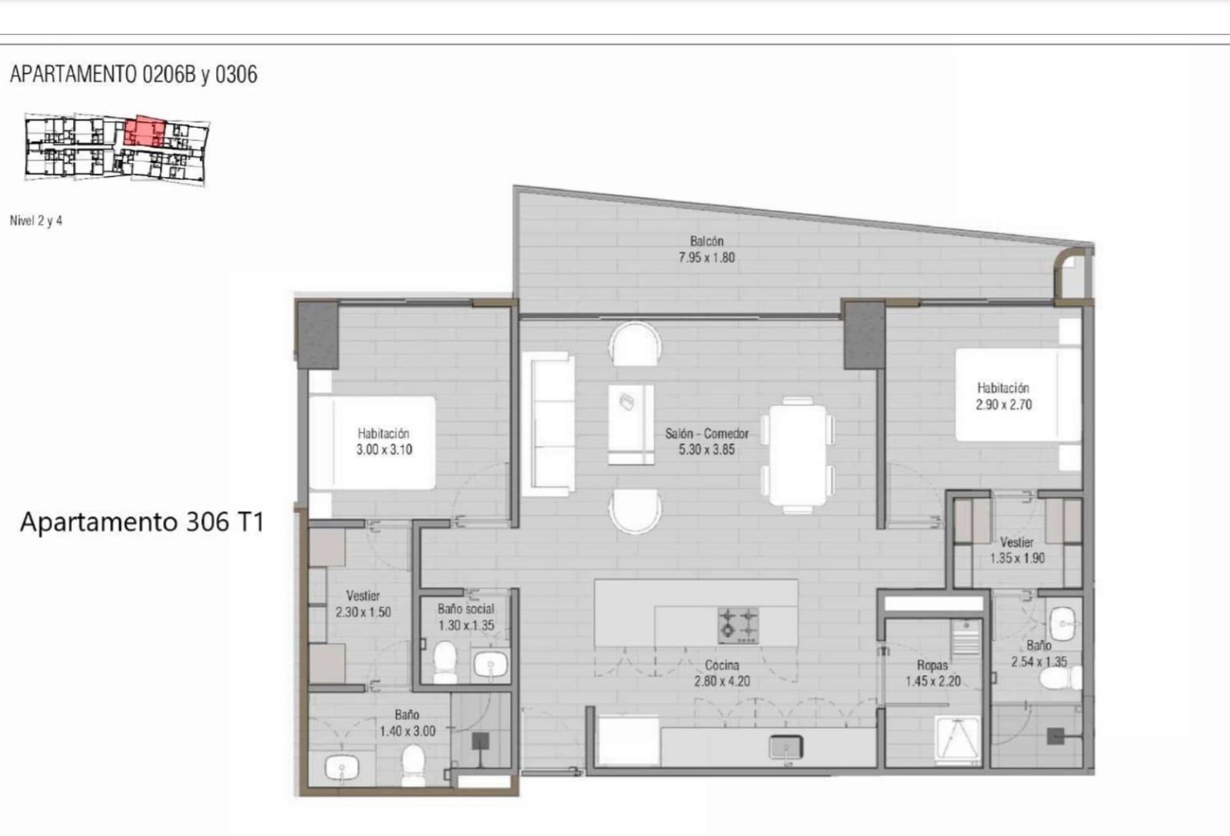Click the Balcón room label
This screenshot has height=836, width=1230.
[x=706, y=241]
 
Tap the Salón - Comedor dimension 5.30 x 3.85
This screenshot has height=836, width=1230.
[x=706, y=450]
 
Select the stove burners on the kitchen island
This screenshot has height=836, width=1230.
[x=739, y=625]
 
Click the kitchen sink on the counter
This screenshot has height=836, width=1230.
[x=786, y=748]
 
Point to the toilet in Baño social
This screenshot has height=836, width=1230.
[x=445, y=661]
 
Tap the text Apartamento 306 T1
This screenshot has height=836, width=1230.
[x=142, y=521]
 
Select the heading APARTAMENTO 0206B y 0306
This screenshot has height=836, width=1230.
[x=134, y=74]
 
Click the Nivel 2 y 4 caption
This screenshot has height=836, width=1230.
[x=36, y=221]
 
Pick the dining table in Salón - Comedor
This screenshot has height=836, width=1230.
[x=797, y=455]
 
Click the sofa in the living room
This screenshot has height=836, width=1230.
[x=547, y=424]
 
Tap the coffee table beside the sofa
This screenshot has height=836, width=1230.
[x=631, y=425]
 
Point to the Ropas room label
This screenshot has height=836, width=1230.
[x=932, y=665]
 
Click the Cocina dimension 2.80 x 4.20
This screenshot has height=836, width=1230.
[x=722, y=681]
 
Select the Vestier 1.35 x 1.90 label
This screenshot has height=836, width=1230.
[x=1017, y=551]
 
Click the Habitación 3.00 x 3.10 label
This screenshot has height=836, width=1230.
[x=384, y=441]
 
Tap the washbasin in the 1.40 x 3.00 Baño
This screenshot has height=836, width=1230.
[x=341, y=766]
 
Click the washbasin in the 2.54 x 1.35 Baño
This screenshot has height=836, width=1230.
[x=1062, y=624]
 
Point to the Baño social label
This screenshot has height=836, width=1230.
[x=466, y=609]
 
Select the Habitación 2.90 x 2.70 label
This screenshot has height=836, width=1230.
[x=1004, y=397]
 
